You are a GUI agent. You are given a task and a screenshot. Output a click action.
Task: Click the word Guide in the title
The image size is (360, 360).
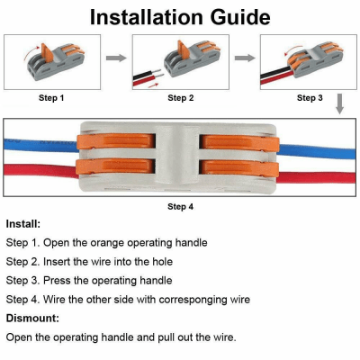(x=240, y=17)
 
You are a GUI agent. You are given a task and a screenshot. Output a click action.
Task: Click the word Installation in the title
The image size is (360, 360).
(x=147, y=17)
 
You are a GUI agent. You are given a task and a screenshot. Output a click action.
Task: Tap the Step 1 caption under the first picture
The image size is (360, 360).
(x=51, y=98)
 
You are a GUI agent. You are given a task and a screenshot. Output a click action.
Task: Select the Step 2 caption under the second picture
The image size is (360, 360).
(x=181, y=98)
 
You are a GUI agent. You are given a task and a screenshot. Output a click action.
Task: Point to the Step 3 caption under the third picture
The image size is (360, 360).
(x=310, y=98)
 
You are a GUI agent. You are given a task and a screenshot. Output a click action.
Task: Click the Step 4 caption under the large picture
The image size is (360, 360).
(x=180, y=207)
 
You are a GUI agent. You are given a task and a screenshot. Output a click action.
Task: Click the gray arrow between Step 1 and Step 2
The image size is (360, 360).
(x=116, y=58)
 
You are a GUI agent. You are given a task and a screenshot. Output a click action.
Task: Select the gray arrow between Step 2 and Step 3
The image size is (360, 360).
(x=245, y=58)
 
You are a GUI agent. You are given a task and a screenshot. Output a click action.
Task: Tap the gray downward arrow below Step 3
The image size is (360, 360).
(x=339, y=103)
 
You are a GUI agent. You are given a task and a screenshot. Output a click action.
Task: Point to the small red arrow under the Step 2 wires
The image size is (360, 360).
(x=153, y=85)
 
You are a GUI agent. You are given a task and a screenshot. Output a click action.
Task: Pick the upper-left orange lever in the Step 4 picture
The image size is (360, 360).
(x=116, y=141)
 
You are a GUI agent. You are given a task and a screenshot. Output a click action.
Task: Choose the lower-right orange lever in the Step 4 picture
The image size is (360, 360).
(x=239, y=167)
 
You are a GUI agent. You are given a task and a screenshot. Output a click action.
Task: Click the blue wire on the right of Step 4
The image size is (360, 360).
(x=318, y=151)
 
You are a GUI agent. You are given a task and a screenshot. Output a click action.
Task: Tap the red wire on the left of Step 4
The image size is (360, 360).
(x=41, y=171)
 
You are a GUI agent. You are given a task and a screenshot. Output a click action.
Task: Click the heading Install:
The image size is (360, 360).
(x=23, y=224)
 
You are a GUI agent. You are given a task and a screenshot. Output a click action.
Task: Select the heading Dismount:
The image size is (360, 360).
(x=32, y=318)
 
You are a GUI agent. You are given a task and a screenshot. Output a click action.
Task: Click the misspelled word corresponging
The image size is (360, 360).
(x=193, y=300)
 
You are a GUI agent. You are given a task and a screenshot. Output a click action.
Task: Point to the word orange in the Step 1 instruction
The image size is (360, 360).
(x=107, y=243)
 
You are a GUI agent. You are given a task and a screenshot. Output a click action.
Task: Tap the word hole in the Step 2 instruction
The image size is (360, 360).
(x=162, y=262)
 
